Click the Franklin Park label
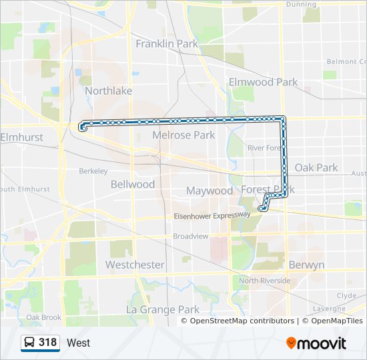tap(167, 44)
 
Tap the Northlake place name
tap(108, 91)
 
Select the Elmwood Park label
tap(263, 82)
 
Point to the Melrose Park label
tap(183, 135)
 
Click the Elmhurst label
tap(22, 137)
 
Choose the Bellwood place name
tap(133, 184)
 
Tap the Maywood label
tap(210, 191)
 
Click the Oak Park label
tap(316, 168)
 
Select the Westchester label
tap(135, 265)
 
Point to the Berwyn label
tap(306, 265)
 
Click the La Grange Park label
tap(163, 309)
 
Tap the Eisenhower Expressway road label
tap(212, 215)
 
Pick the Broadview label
tap(191, 236)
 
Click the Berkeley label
tap(93, 171)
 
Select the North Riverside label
tap(265, 281)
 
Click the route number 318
tap(48, 343)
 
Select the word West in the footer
tap(79, 343)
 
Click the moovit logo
tap(316, 343)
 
